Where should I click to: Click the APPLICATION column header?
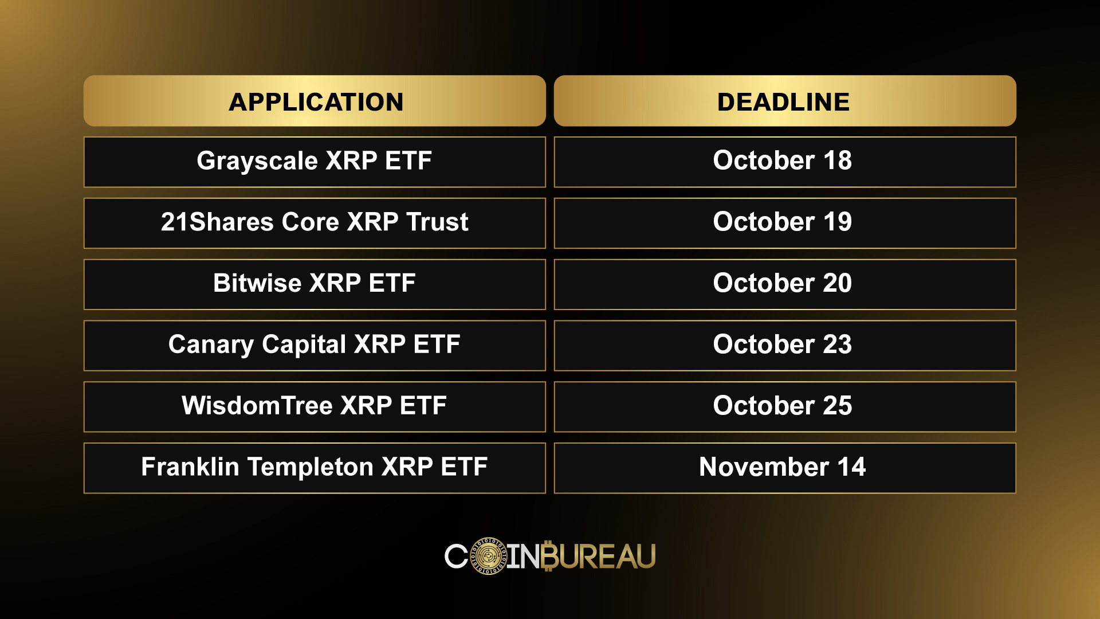315,101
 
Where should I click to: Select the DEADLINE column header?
785,101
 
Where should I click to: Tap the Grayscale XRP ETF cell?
315,162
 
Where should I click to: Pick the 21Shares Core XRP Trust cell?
315,223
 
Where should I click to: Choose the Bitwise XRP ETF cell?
315,284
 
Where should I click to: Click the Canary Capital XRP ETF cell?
315,346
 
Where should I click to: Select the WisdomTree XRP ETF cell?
315,407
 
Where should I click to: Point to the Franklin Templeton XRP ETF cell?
315,468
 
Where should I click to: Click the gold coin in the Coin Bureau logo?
489,555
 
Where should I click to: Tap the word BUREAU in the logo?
598,556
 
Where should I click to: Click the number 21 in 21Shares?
174,222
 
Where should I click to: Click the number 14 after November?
851,467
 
